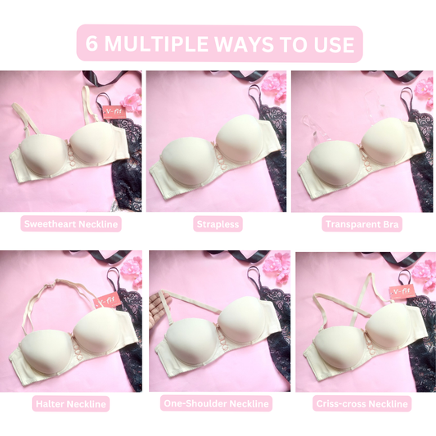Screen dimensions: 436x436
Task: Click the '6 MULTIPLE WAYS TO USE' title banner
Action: pyautogui.click(x=218, y=43)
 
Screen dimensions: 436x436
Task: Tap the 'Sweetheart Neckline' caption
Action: pyautogui.click(x=71, y=223)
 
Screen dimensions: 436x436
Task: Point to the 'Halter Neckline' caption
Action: pyautogui.click(x=71, y=403)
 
